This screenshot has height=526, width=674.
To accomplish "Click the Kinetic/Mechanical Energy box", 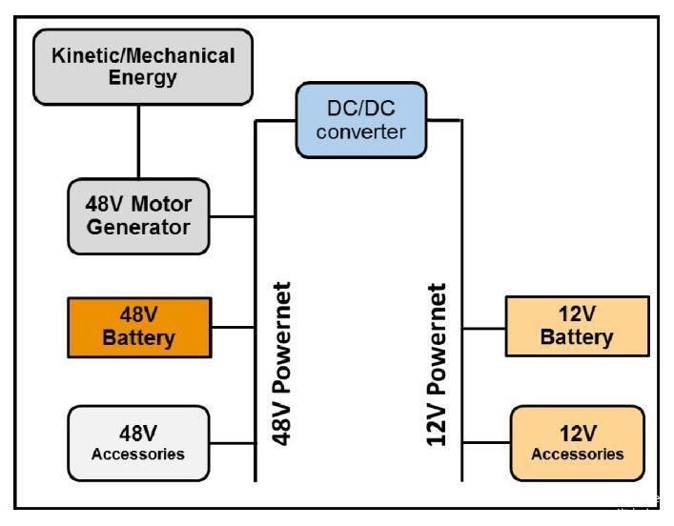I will pyautogui.click(x=143, y=66).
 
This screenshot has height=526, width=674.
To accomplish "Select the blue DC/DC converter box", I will pyautogui.click(x=360, y=119).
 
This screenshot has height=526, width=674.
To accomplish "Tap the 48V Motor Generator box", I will pyautogui.click(x=138, y=216).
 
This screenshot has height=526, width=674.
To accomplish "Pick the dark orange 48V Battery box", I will pyautogui.click(x=139, y=326).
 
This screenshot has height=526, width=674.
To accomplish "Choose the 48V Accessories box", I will pyautogui.click(x=138, y=443).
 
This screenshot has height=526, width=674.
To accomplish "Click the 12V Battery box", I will pyautogui.click(x=576, y=326).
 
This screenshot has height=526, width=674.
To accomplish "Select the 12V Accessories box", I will pyautogui.click(x=577, y=443).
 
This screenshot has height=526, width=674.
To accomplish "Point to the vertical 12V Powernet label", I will pyautogui.click(x=438, y=366).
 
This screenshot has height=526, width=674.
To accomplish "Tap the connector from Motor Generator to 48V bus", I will pyautogui.click(x=232, y=216).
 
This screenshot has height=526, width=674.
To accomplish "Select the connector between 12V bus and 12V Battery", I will pyautogui.click(x=483, y=328).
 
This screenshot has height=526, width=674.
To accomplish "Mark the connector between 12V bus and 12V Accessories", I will pyautogui.click(x=486, y=442).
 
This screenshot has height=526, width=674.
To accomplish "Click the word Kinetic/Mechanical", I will pyautogui.click(x=143, y=56).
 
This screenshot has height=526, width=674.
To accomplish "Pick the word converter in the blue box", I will pyautogui.click(x=360, y=131).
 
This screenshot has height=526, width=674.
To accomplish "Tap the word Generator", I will pyautogui.click(x=138, y=228).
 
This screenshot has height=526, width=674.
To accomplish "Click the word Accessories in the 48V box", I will pyautogui.click(x=138, y=454).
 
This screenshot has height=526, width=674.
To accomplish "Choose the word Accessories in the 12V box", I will pyautogui.click(x=577, y=454).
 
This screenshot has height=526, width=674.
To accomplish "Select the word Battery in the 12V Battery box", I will pyautogui.click(x=576, y=337).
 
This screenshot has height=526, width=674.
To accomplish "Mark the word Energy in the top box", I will pyautogui.click(x=143, y=77).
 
